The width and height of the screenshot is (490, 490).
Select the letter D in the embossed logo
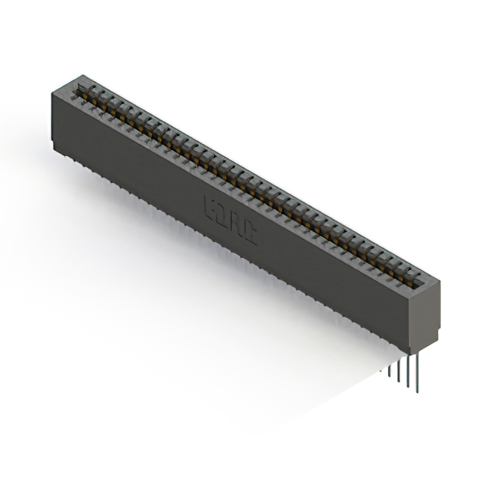(223, 214)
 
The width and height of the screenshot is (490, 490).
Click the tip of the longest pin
(417, 391)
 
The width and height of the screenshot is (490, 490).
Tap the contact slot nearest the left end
(83, 90)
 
